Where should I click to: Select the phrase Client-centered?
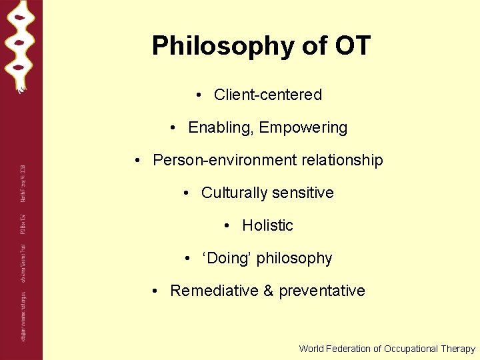(x=267, y=95)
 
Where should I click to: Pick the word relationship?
(x=343, y=160)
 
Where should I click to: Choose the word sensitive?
(x=303, y=193)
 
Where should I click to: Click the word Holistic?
(x=267, y=225)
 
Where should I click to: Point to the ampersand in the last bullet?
(x=268, y=291)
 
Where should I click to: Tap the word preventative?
(x=322, y=291)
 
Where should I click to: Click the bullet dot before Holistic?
(x=228, y=226)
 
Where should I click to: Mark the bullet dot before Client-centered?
(x=200, y=95)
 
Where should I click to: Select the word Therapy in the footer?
(x=459, y=349)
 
